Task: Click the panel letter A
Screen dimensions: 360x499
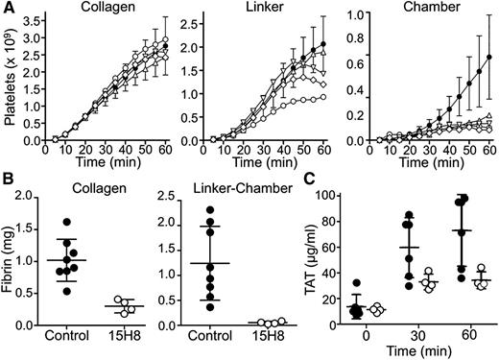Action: (x=8, y=8)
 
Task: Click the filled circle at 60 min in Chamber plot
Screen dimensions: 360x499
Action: (x=490, y=57)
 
